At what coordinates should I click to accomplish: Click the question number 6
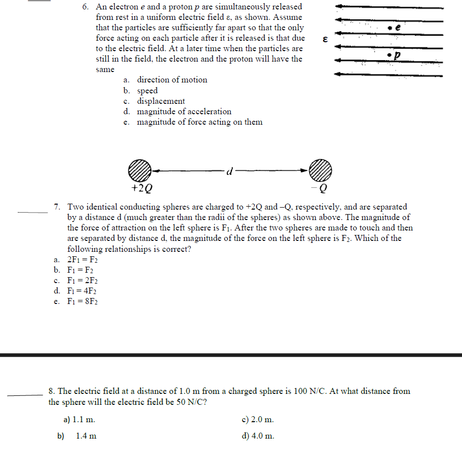point(86,7)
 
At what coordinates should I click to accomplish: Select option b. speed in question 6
point(141,90)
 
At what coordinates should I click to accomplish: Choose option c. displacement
point(154,101)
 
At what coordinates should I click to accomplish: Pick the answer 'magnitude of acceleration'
point(177,111)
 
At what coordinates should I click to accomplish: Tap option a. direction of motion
point(165,79)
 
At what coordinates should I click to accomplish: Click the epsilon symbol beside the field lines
point(325,39)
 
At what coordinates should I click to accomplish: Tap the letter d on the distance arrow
point(229,171)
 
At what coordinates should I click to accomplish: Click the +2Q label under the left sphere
point(141,189)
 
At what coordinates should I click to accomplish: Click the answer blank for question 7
point(33,212)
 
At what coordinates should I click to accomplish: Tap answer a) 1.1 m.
point(79,419)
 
